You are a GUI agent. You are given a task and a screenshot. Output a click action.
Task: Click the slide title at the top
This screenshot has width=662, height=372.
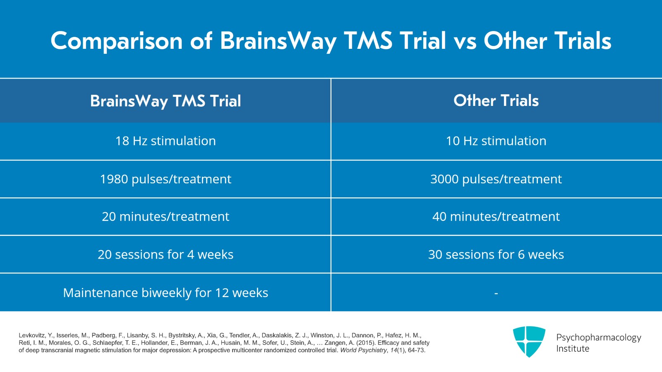[x=331, y=41]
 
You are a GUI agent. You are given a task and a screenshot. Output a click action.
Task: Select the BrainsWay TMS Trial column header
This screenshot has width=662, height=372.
[x=165, y=101]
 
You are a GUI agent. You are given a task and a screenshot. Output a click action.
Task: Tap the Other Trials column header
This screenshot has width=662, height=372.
[x=496, y=101]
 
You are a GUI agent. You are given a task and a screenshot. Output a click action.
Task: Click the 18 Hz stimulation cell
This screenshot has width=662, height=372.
[x=165, y=141]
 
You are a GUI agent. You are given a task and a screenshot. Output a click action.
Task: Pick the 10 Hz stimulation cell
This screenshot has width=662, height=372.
[x=496, y=141]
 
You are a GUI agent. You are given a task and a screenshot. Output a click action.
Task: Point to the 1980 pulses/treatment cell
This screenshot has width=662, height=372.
[x=165, y=179]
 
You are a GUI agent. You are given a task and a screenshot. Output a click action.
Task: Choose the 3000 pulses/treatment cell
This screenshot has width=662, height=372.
[x=496, y=179]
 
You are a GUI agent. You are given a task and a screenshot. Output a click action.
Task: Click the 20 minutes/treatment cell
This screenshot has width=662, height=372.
[x=165, y=217]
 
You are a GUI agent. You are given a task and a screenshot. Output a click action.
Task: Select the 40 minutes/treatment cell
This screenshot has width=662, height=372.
[x=496, y=217]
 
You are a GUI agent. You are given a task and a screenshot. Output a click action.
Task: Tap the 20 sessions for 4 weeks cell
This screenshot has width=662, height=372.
[x=165, y=254]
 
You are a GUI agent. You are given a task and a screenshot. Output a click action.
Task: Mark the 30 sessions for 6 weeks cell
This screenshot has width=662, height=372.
[x=496, y=254]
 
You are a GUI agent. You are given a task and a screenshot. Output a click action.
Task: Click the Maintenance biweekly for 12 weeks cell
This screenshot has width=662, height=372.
[x=165, y=293]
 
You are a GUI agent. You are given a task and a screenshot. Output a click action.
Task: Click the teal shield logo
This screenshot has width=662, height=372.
[x=529, y=341]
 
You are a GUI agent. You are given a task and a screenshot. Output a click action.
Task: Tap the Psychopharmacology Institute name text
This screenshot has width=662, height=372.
[x=598, y=343]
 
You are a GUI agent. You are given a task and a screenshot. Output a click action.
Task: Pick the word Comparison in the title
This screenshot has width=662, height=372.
[x=116, y=41]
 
